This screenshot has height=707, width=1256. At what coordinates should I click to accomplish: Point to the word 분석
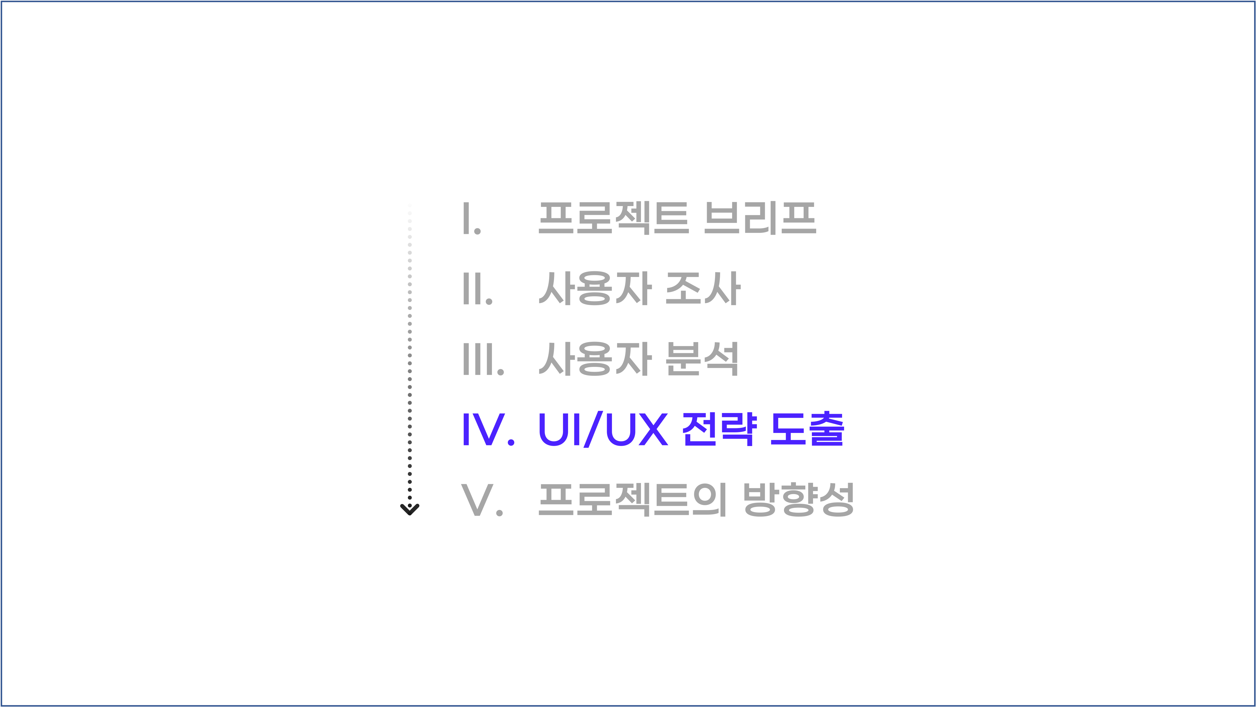(x=702, y=359)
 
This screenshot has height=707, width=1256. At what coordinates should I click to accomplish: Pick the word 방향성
(x=798, y=500)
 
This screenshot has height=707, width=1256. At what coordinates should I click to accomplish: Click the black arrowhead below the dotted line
(x=410, y=509)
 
